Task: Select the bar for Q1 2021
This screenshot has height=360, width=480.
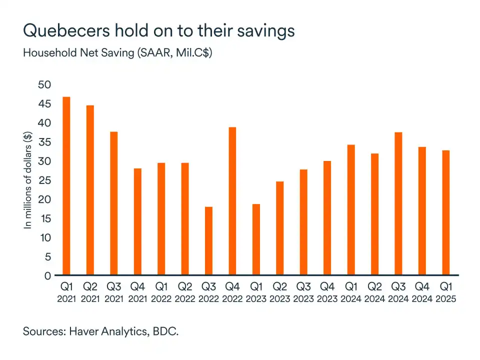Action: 66,186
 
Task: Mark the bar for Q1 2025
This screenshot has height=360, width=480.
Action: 446,212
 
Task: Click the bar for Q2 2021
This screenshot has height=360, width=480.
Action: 90,190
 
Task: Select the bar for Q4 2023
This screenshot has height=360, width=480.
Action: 327,218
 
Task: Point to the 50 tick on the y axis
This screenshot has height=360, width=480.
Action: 45,84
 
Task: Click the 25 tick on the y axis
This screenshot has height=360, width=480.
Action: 45,180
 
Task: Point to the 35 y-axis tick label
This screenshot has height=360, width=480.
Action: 45,142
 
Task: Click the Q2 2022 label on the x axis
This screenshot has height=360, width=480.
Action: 184,293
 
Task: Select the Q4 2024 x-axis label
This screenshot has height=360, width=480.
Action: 422,293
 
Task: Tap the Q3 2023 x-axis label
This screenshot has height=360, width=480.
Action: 303,293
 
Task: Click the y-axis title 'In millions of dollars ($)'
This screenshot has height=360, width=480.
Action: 28,180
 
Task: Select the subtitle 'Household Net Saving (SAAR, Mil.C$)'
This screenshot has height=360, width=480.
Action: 117,53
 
